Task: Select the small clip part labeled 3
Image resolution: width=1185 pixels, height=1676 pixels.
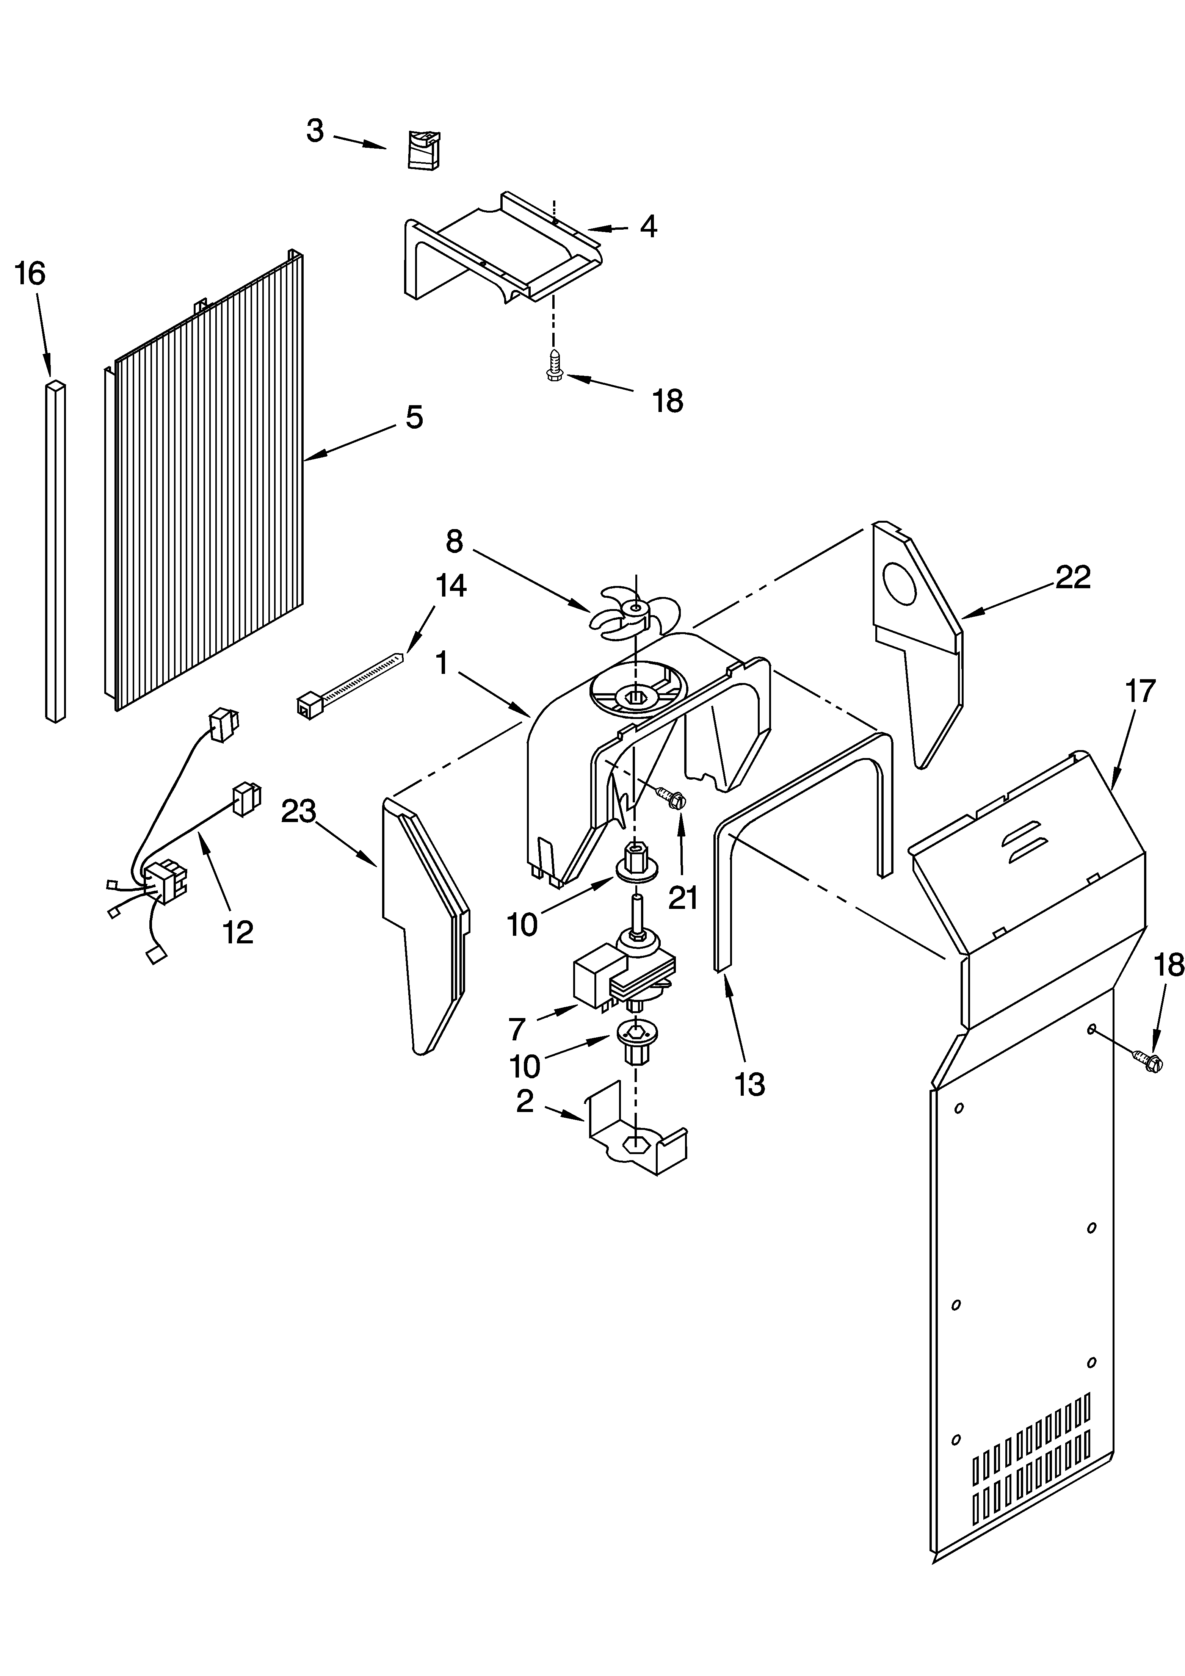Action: [423, 150]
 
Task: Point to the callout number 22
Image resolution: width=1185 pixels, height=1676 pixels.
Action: [1072, 577]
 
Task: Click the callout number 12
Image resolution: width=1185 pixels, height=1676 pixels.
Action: [238, 933]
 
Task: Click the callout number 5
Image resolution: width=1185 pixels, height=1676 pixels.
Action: [414, 418]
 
